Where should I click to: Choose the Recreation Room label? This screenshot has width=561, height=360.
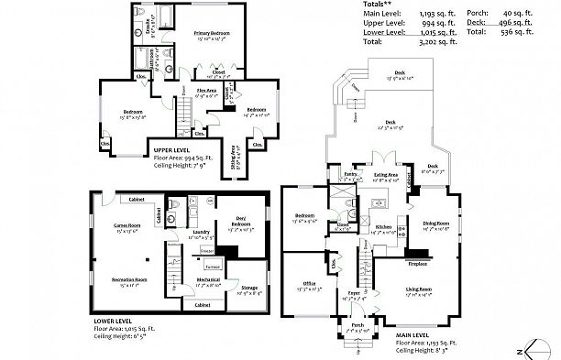pyautogui.click(x=129, y=279)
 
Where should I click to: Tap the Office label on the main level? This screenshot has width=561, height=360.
pyautogui.click(x=309, y=284)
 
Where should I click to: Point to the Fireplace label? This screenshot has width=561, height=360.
pyautogui.click(x=418, y=263)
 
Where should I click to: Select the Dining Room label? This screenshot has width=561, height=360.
pyautogui.click(x=435, y=223)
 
